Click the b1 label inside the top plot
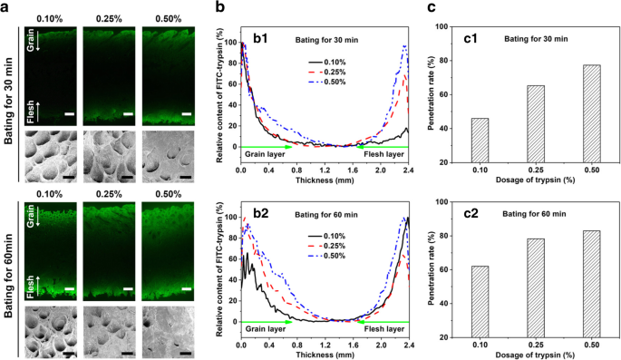coord(265,38)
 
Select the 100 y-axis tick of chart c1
coord(445,27)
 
